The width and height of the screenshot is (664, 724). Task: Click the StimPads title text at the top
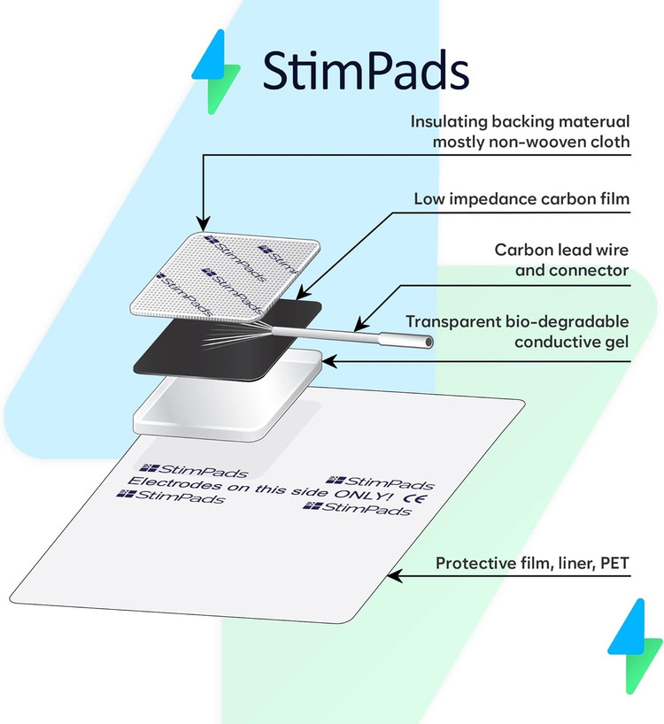366,70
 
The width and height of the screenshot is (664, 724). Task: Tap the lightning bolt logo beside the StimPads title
216,72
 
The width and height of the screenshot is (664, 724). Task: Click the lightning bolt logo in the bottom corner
636,645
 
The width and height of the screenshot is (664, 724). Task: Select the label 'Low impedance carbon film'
521,199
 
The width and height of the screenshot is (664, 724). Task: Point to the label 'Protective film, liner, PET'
532,563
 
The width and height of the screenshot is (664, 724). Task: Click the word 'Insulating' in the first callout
448,122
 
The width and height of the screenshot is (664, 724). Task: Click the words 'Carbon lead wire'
561,250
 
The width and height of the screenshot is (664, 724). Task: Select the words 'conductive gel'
572,343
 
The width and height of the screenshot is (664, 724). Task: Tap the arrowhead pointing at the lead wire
361,323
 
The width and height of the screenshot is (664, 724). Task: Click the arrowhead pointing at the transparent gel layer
329,361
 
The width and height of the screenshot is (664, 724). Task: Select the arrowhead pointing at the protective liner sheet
395,576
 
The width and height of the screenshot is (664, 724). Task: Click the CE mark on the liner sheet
415,498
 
